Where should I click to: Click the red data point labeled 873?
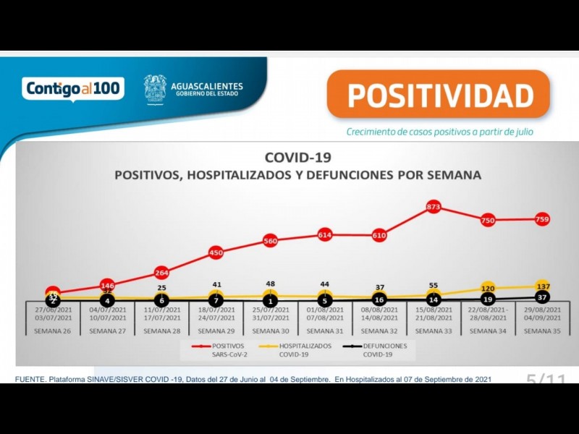pos(434,208)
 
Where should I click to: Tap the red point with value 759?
pos(542,219)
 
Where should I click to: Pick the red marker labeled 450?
pos(216,252)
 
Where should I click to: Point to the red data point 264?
pos(162,273)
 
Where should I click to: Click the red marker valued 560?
pos(270,241)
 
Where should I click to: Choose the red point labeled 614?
pos(324,235)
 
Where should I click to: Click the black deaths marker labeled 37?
pos(542,297)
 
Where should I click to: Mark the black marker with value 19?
pos(487,299)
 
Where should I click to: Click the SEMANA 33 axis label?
pos(434,331)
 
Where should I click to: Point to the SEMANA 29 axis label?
pos(216,331)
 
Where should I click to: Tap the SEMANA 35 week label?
pos(542,331)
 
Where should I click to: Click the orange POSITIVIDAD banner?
pos(439,94)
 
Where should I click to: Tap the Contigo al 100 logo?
pos(73,88)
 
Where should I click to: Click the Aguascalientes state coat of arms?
pos(154,89)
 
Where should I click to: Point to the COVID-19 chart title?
pos(297,157)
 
